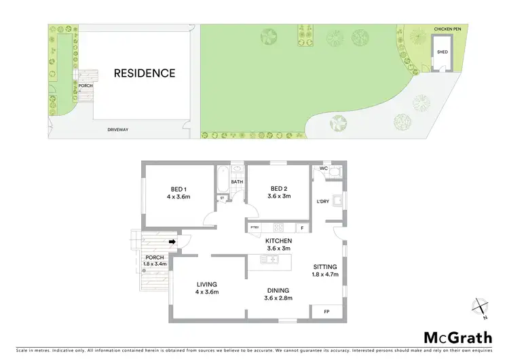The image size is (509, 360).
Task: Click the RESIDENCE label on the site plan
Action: (x=144, y=73)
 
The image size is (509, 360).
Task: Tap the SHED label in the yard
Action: (x=442, y=52)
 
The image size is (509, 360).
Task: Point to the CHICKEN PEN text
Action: (x=448, y=29)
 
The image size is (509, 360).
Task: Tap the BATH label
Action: (x=236, y=182)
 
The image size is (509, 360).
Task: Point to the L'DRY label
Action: (x=324, y=202)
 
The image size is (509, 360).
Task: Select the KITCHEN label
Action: (x=278, y=241)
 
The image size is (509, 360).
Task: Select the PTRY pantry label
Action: (x=254, y=228)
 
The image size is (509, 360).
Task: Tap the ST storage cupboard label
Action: (x=221, y=198)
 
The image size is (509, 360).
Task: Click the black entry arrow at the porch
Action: (x=172, y=240)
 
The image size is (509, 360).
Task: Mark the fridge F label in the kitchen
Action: (x=302, y=228)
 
